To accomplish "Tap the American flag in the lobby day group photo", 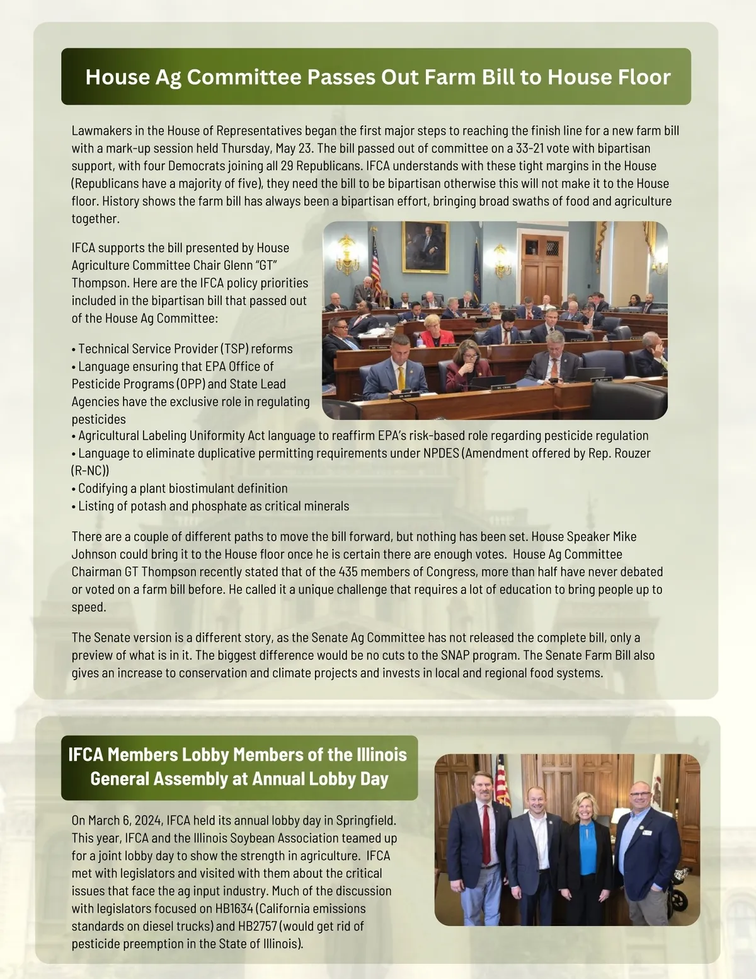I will tap(501, 782).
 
